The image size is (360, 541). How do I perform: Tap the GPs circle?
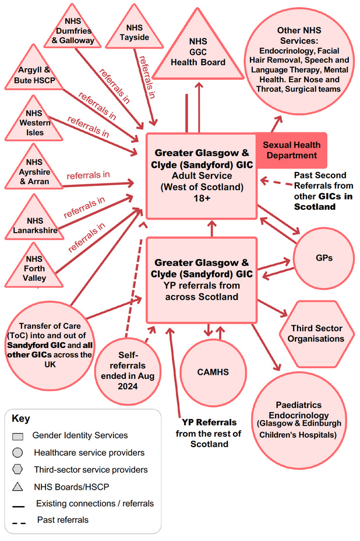(x=323, y=257)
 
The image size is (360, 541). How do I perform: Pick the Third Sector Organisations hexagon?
(x=317, y=334)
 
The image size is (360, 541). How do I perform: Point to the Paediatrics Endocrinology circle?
(x=299, y=418)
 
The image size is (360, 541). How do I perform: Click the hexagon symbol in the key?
(x=18, y=469)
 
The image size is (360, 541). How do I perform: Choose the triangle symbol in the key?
(x=18, y=487)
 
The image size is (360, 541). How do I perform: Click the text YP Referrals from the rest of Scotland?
(x=208, y=433)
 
